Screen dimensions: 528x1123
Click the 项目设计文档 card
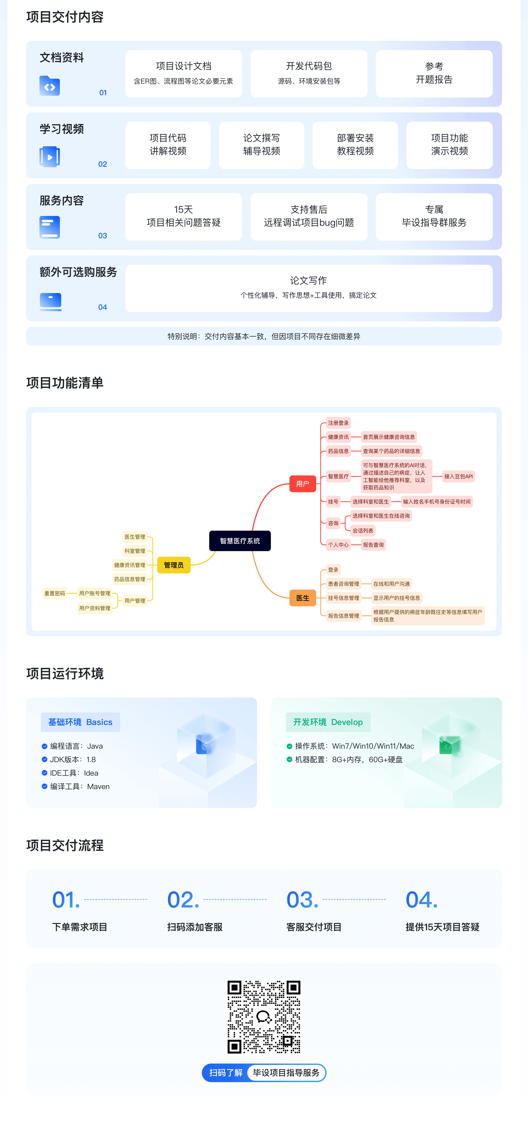(x=184, y=74)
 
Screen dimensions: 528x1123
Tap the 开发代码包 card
(x=309, y=74)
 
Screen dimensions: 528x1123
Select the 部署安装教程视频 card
(x=355, y=145)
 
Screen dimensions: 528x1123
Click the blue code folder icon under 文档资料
(x=50, y=86)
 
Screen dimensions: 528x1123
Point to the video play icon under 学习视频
(x=50, y=157)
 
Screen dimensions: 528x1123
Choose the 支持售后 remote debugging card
(x=309, y=217)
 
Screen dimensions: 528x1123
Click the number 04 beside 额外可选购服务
(x=103, y=307)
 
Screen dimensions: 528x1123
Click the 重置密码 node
(x=55, y=593)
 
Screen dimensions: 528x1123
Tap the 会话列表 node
(x=363, y=531)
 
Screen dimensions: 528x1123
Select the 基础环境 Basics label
(x=80, y=722)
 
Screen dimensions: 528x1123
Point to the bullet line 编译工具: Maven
(x=76, y=787)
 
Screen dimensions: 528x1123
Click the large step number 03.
(x=302, y=900)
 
